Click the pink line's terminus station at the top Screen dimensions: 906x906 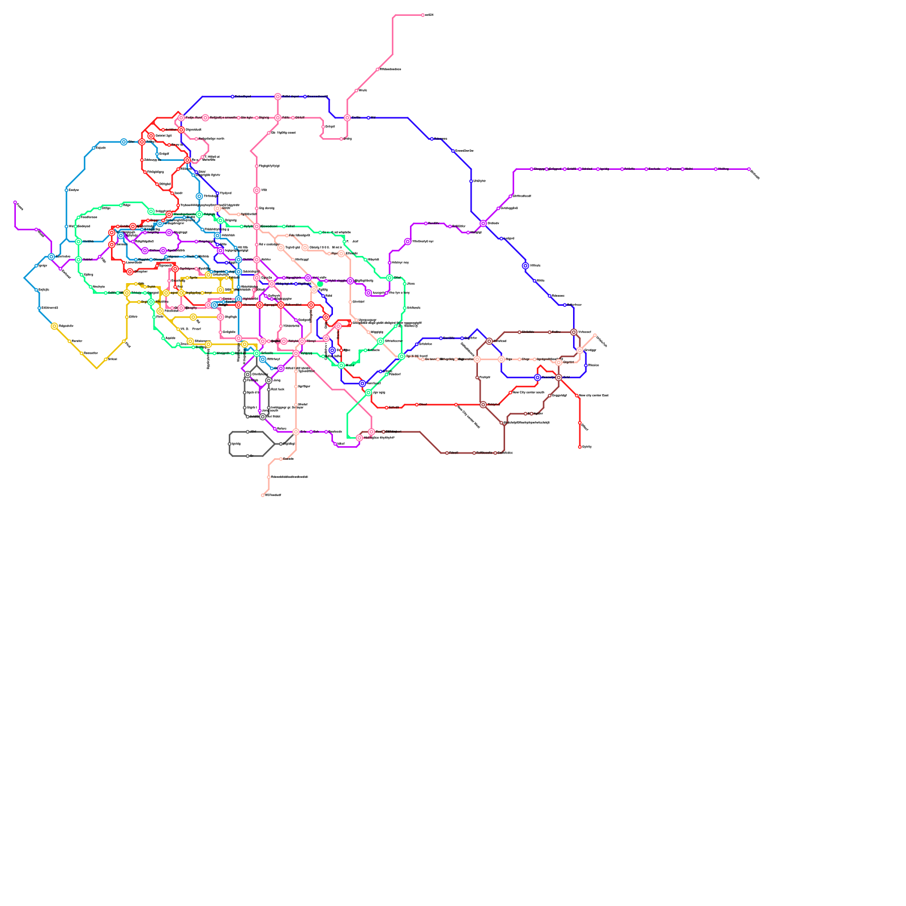tap(422, 15)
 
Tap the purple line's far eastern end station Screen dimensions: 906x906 tap(749, 169)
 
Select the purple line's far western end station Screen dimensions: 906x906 tap(15, 202)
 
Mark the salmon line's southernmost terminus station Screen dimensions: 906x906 tap(263, 495)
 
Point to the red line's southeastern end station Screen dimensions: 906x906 tap(580, 447)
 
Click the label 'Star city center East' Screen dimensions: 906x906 tap(593, 395)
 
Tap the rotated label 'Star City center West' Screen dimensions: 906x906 tap(468, 417)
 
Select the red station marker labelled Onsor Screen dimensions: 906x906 tap(417, 404)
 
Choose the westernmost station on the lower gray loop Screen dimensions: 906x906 tap(230, 444)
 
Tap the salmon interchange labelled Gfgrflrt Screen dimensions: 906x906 tap(559, 362)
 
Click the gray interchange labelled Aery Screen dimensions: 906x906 tap(269, 381)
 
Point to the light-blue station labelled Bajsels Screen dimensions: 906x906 tap(94, 148)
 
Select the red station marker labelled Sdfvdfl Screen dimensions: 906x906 tap(387, 408)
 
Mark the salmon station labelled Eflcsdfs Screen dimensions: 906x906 tap(281, 459)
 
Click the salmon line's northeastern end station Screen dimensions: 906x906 tap(595, 335)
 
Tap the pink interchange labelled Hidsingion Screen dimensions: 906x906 tap(360, 438)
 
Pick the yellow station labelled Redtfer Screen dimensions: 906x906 tap(70, 341)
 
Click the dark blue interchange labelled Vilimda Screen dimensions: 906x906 tap(525, 266)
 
